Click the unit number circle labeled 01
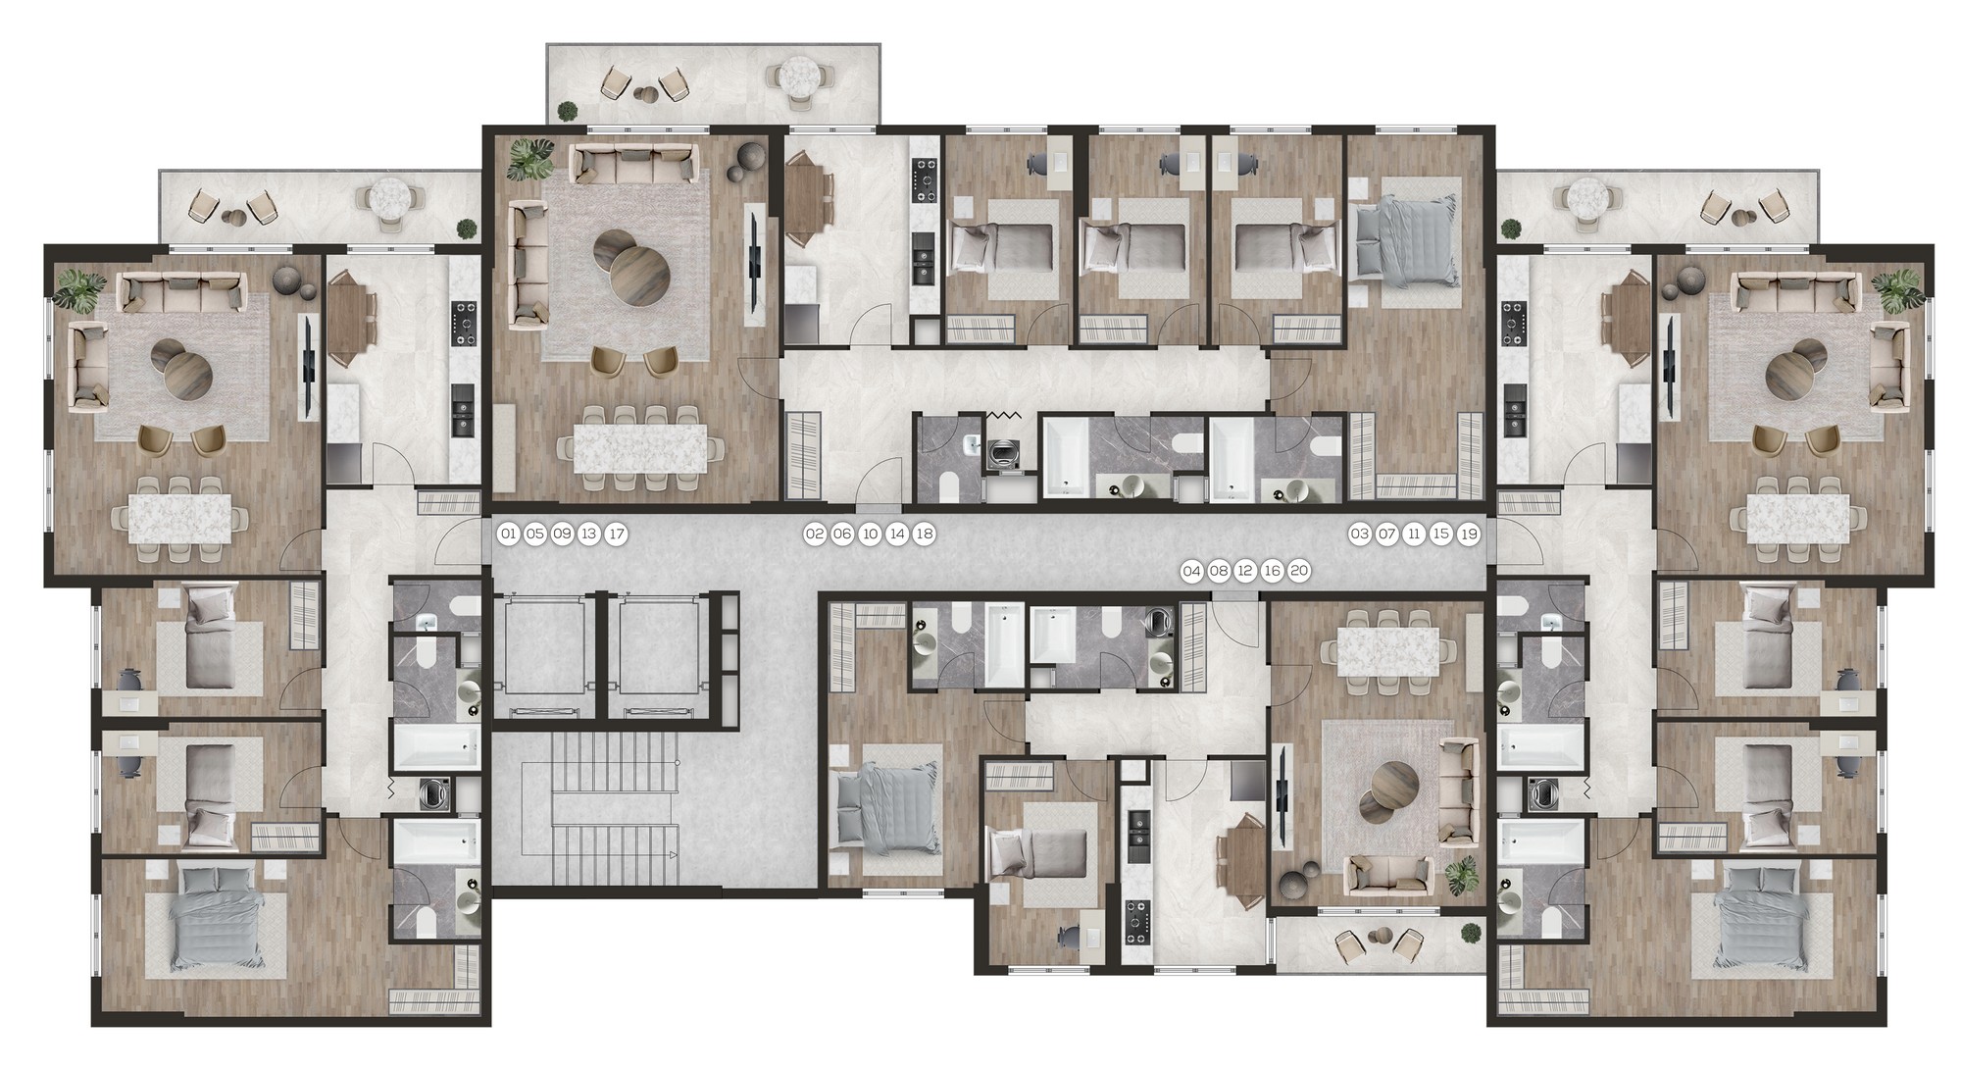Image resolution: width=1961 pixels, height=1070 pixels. pyautogui.click(x=508, y=535)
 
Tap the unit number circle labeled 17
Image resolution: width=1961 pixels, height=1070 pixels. pyautogui.click(x=616, y=535)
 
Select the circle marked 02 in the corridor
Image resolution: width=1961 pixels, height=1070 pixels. pyautogui.click(x=815, y=535)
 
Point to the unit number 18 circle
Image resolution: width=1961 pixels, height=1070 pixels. pyautogui.click(x=924, y=535)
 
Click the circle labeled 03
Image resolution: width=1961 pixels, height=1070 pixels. pyautogui.click(x=1359, y=535)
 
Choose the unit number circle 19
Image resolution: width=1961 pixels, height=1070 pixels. pyautogui.click(x=1468, y=535)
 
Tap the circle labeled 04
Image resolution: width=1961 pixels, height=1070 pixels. pyautogui.click(x=1191, y=571)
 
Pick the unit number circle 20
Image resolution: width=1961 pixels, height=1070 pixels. pyautogui.click(x=1299, y=571)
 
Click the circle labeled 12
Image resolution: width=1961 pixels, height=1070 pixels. pyautogui.click(x=1245, y=571)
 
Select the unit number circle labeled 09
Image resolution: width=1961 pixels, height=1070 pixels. pyautogui.click(x=562, y=535)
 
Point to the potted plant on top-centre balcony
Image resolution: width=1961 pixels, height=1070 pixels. pyautogui.click(x=566, y=111)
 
